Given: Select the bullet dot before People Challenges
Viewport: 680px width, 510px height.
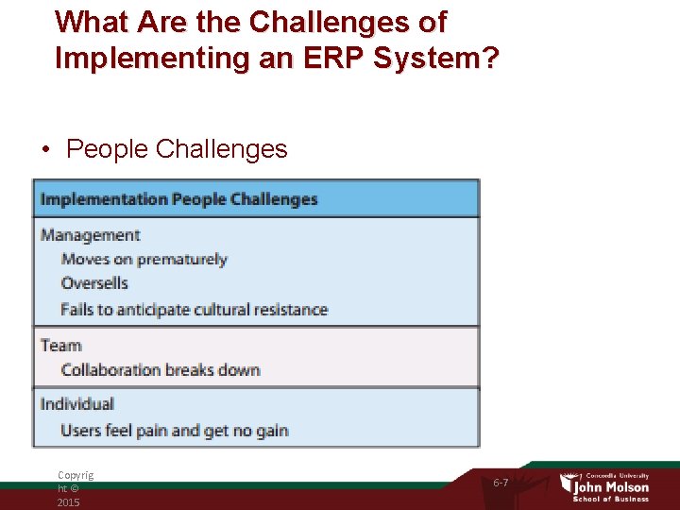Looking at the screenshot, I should coord(45,149).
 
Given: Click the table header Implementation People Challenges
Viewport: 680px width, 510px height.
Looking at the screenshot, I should coord(178,199).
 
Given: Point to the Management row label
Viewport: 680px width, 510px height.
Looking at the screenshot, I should coord(90,235).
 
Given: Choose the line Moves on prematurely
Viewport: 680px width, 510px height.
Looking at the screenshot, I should coord(144,259).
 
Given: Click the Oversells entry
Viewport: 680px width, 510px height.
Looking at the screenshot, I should coord(94,283).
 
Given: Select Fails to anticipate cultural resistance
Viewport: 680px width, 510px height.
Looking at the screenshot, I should coord(194,309).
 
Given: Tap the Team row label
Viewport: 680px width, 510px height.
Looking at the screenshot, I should coord(60,346).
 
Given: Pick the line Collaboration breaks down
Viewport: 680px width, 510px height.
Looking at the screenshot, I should coord(161,370).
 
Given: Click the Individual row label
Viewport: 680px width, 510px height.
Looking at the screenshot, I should coord(76,404).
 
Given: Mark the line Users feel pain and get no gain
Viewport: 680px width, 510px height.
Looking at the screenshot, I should coord(174,431).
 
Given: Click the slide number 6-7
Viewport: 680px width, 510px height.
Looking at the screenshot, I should coord(501,483).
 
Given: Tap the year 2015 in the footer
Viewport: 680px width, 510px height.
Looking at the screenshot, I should coord(68,502).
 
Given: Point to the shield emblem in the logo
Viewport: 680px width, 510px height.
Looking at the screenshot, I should coord(568,484).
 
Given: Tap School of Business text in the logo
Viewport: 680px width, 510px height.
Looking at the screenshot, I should coord(612,499).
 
